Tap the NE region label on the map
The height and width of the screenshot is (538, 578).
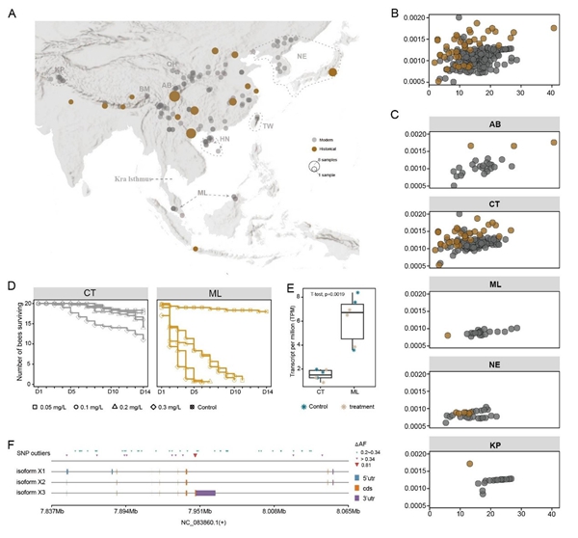point(301,57)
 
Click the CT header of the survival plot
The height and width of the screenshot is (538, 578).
point(90,290)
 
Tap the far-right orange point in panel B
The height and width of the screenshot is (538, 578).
point(553,28)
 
